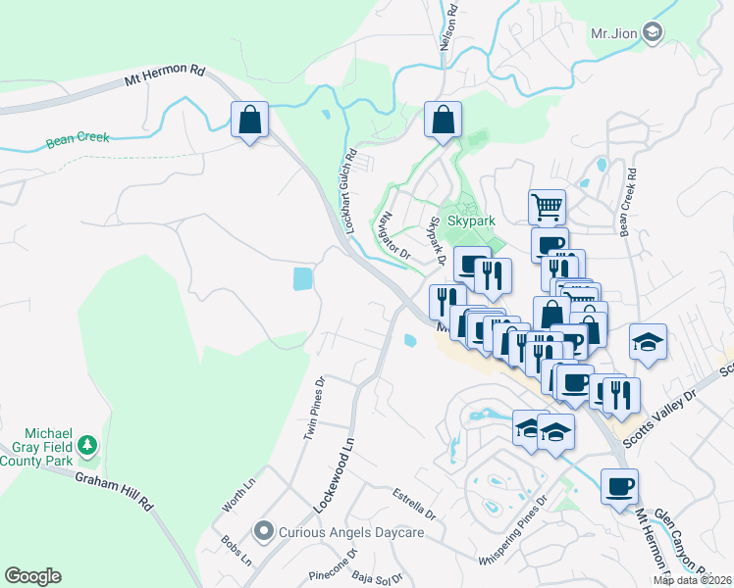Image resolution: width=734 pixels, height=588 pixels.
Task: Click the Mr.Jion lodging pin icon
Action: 653,33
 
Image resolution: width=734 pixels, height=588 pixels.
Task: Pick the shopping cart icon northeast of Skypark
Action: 547,207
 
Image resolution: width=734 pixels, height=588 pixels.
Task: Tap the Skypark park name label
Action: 471,221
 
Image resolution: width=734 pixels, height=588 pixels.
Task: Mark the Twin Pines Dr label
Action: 314,407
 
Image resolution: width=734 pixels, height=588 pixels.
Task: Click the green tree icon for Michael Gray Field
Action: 88,446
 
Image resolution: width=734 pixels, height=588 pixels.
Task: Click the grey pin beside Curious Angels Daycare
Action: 263,532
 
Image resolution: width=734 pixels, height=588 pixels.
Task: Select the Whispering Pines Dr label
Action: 511,532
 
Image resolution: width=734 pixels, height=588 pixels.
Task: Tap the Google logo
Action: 32,576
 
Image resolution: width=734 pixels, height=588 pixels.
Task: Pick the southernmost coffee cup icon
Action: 619,487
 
